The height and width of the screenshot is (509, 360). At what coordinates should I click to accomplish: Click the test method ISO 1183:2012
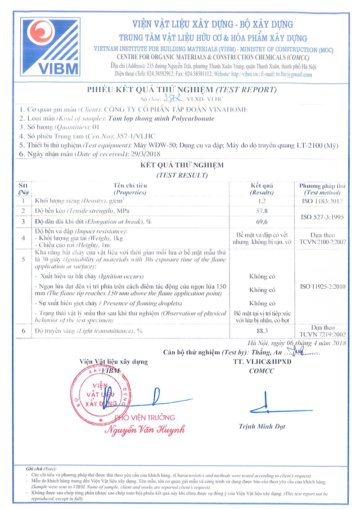click(x=321, y=201)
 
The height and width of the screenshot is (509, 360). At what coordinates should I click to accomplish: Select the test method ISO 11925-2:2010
click(x=321, y=286)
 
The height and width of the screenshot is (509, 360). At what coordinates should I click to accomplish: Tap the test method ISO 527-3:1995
click(x=321, y=216)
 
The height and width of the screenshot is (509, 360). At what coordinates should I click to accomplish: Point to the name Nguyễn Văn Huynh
click(x=145, y=430)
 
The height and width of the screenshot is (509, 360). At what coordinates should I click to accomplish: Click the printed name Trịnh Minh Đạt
click(x=262, y=426)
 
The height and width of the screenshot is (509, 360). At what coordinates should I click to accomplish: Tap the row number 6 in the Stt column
click(x=22, y=331)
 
